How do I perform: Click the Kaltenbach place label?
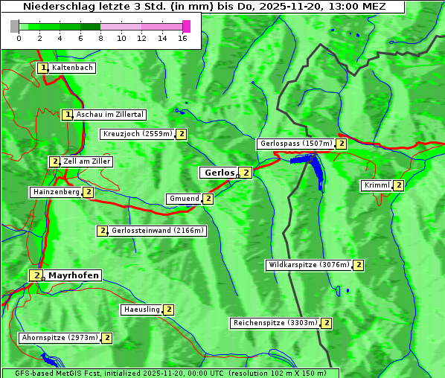pos(72,68)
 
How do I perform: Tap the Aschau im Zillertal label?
pos(109,115)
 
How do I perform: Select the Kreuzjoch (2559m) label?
pos(137,135)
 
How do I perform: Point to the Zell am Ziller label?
pos(87,161)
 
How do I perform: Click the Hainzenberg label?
pos(56,192)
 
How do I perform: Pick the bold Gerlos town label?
pos(219,173)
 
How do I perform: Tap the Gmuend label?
pos(184,199)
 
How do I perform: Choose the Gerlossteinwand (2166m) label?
pos(157,231)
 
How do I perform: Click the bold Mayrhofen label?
pos(73,275)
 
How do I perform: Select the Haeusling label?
pos(141,310)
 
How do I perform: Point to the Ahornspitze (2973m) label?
pos(60,338)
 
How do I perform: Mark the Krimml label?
pos(377,185)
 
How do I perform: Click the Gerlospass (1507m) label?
pos(295,144)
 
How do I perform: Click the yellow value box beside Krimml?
pos(399,185)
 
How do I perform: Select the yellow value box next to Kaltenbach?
pos(43,68)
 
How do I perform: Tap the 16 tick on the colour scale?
pos(183,37)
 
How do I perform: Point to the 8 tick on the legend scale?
pos(100,37)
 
